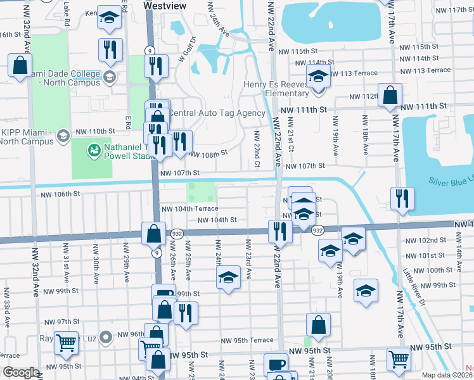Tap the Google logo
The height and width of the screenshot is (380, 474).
tap(20, 372)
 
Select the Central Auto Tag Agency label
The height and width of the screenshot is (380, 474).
tap(216, 113)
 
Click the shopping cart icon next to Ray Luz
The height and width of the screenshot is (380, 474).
tap(66, 343)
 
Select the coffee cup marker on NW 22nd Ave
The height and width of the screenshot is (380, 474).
tap(276, 364)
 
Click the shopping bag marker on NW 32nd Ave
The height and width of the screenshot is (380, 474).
tap(20, 64)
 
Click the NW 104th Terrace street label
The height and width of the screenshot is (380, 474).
tap(190, 208)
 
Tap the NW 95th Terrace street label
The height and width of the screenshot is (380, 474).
tap(247, 340)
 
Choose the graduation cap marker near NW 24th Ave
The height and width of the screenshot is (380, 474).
tap(229, 277)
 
